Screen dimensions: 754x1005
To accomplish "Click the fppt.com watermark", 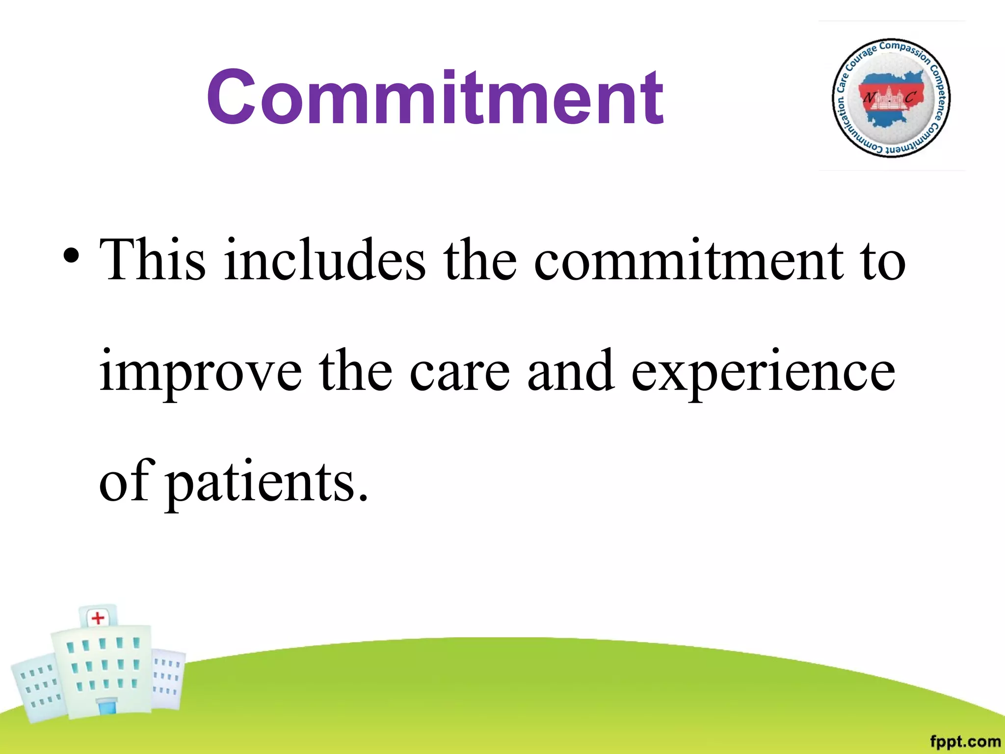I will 965,741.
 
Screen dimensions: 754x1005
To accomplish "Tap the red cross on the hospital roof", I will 98,618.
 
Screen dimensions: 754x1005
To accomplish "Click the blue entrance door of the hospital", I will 106,707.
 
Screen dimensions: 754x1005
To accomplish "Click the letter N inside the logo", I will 869,98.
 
